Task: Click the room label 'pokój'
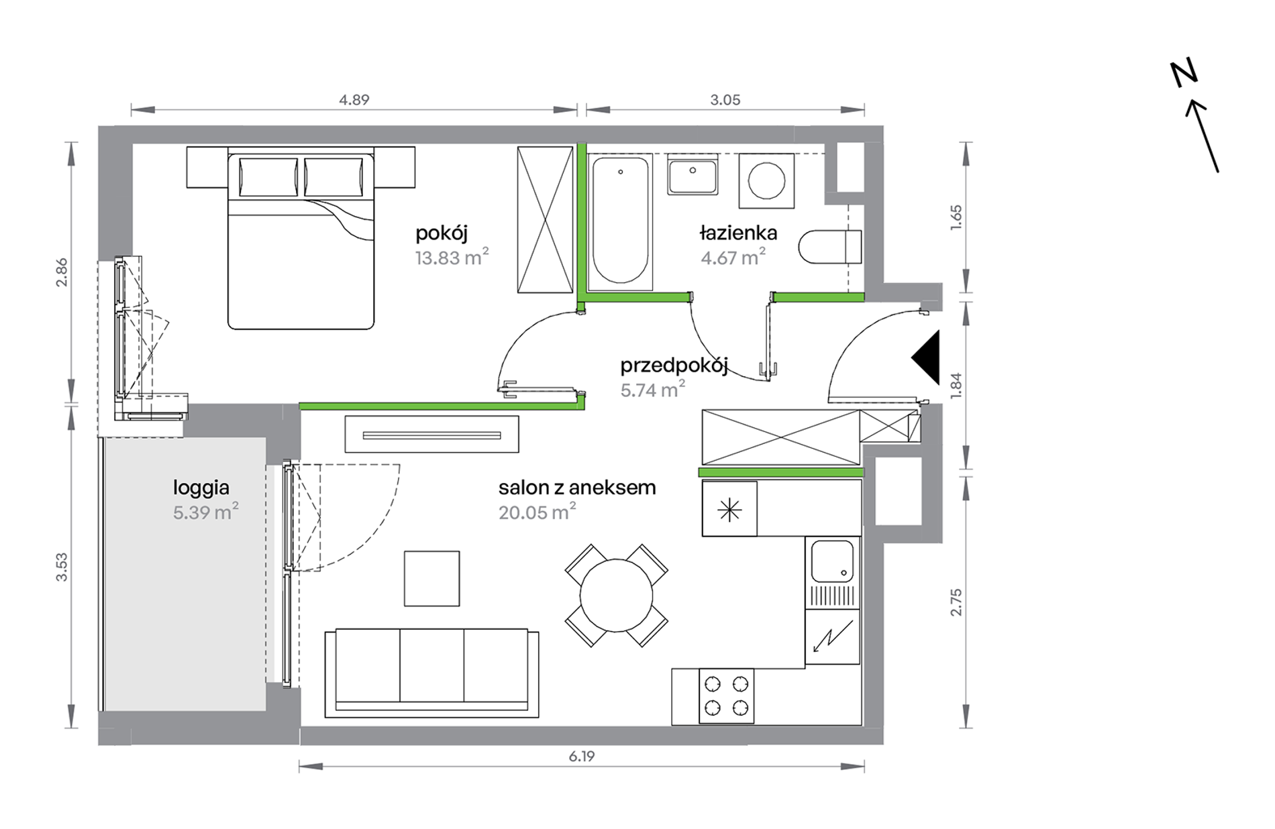[442, 234]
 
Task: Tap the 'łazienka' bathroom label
[738, 233]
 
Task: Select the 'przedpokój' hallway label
[674, 366]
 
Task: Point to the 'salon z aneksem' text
[577, 488]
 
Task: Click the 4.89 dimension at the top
[354, 100]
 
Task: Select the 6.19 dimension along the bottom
[582, 757]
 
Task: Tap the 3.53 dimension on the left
[62, 567]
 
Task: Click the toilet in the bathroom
[830, 247]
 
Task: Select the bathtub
[621, 221]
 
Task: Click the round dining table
[616, 596]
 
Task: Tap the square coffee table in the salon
[432, 578]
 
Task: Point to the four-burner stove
[726, 696]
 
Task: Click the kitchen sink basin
[832, 562]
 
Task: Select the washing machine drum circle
[766, 181]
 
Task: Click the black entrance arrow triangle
[925, 358]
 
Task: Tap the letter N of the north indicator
[1184, 74]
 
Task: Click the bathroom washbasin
[693, 174]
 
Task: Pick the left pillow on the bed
[268, 177]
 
